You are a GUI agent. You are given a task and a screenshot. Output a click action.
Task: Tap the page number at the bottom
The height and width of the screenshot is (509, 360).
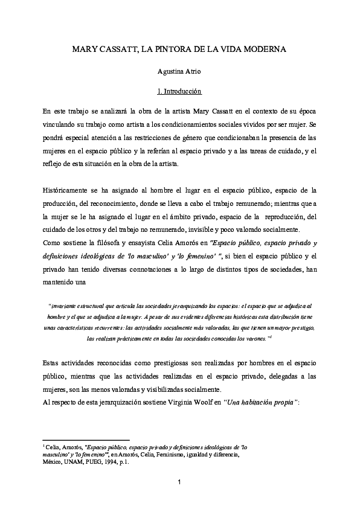(x=179, y=481)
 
